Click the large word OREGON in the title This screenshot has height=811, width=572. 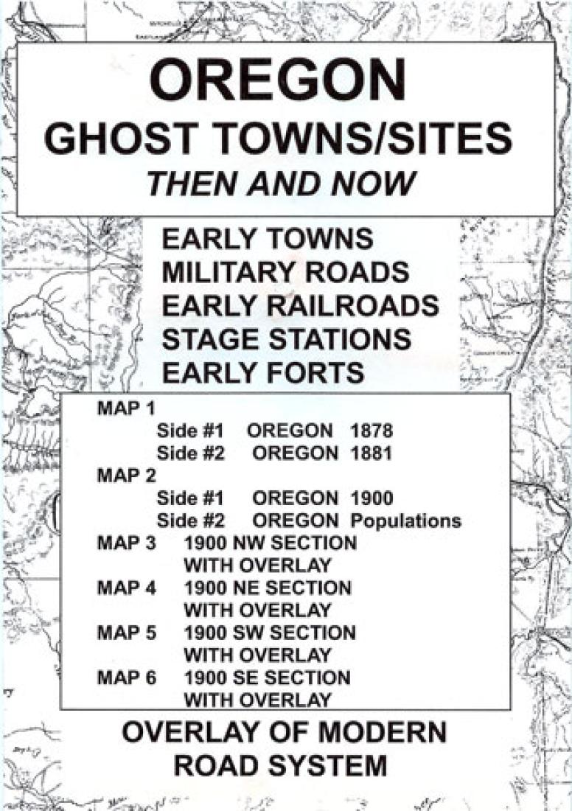[279, 81]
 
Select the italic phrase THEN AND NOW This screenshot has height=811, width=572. [281, 184]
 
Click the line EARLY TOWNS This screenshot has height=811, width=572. [268, 240]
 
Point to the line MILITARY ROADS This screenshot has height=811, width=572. [285, 273]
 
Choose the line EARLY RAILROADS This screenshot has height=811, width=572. [301, 306]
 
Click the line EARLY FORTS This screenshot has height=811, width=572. [263, 373]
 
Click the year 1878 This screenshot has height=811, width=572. [372, 431]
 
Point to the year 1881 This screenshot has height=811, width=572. [372, 453]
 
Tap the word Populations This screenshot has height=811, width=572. [406, 521]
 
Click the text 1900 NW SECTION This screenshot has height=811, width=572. [270, 543]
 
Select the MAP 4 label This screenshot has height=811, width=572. [127, 588]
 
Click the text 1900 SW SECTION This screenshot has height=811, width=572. [269, 633]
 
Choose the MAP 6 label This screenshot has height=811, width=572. [127, 677]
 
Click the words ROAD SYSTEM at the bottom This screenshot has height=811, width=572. [280, 765]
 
